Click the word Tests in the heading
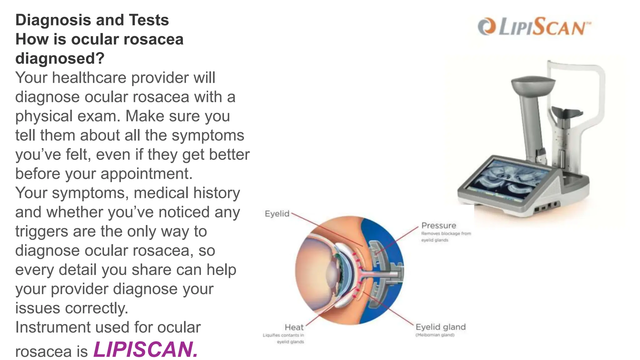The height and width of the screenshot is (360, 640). [x=149, y=20]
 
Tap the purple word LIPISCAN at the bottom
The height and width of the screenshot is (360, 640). [x=146, y=349]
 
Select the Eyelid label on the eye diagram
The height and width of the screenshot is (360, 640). [x=277, y=214]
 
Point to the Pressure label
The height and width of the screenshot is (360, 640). [x=438, y=225]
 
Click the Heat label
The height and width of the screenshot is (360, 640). [x=294, y=327]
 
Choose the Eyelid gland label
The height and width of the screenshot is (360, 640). [x=440, y=327]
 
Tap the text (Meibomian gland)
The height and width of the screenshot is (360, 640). [x=435, y=335]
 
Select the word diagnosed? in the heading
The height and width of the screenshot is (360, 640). [x=60, y=58]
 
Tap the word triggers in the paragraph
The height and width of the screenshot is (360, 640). [x=41, y=232]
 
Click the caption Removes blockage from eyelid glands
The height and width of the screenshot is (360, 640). [x=446, y=237]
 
